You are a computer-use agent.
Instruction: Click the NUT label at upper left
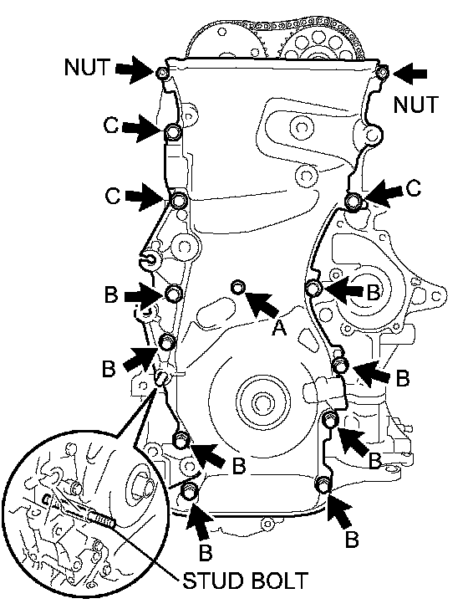(x=87, y=67)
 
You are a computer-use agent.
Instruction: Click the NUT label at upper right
(x=415, y=105)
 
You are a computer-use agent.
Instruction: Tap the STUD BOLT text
(x=246, y=581)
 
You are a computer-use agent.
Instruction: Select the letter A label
(x=279, y=327)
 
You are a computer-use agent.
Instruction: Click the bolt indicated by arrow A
(x=238, y=287)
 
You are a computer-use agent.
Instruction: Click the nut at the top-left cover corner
(x=161, y=73)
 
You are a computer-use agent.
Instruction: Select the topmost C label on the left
(x=111, y=125)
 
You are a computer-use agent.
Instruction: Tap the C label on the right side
(x=413, y=189)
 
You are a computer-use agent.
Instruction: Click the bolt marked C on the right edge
(x=354, y=201)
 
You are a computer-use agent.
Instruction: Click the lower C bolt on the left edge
(x=179, y=201)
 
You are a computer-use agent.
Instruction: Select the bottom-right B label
(x=352, y=540)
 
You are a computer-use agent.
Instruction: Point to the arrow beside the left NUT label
(x=135, y=69)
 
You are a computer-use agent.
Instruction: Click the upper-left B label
(x=111, y=294)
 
